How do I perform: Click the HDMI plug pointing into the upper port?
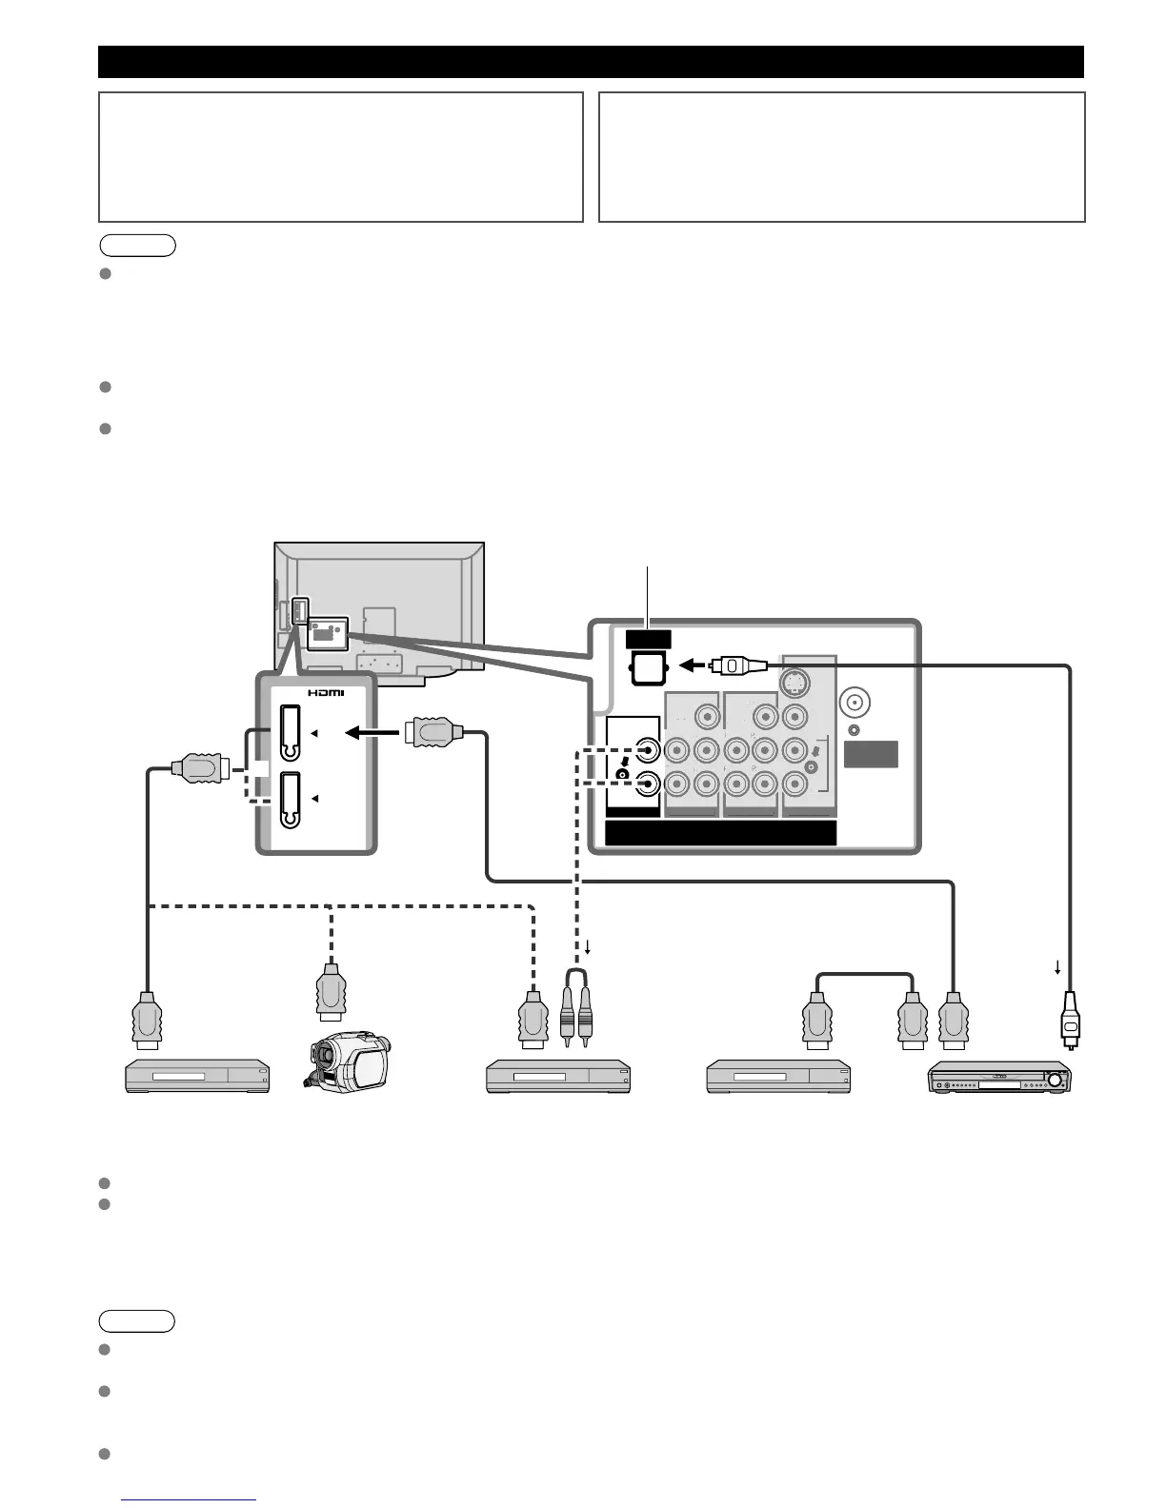click(x=433, y=732)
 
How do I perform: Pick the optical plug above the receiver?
click(x=1070, y=1019)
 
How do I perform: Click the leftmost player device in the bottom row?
click(x=198, y=1078)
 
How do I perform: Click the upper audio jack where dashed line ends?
click(x=648, y=751)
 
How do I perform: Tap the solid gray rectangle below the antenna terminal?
click(x=871, y=753)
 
